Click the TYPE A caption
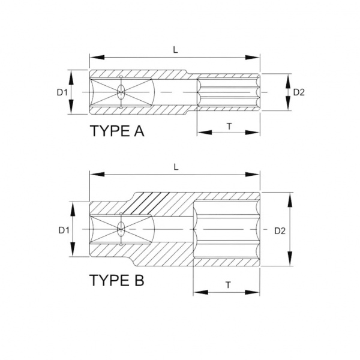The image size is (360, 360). (x=117, y=131)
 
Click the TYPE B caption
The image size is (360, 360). (x=116, y=280)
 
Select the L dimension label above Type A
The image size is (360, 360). (x=175, y=50)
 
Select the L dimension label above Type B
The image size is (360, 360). (x=176, y=167)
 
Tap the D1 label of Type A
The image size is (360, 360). (x=62, y=92)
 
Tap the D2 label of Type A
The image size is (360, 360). (x=299, y=92)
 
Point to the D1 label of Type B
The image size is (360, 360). (x=64, y=230)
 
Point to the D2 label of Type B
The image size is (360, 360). (x=280, y=231)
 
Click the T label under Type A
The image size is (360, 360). (x=229, y=126)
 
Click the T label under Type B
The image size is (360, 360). (x=228, y=285)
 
